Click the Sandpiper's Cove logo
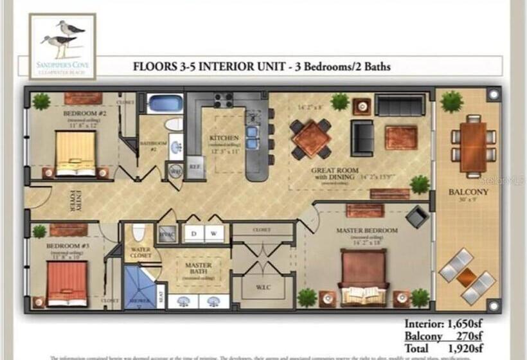(62, 46)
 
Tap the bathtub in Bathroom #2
(165, 103)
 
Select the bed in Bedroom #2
(75, 153)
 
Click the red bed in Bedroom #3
(67, 283)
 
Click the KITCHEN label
(224, 138)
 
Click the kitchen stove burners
(223, 100)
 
